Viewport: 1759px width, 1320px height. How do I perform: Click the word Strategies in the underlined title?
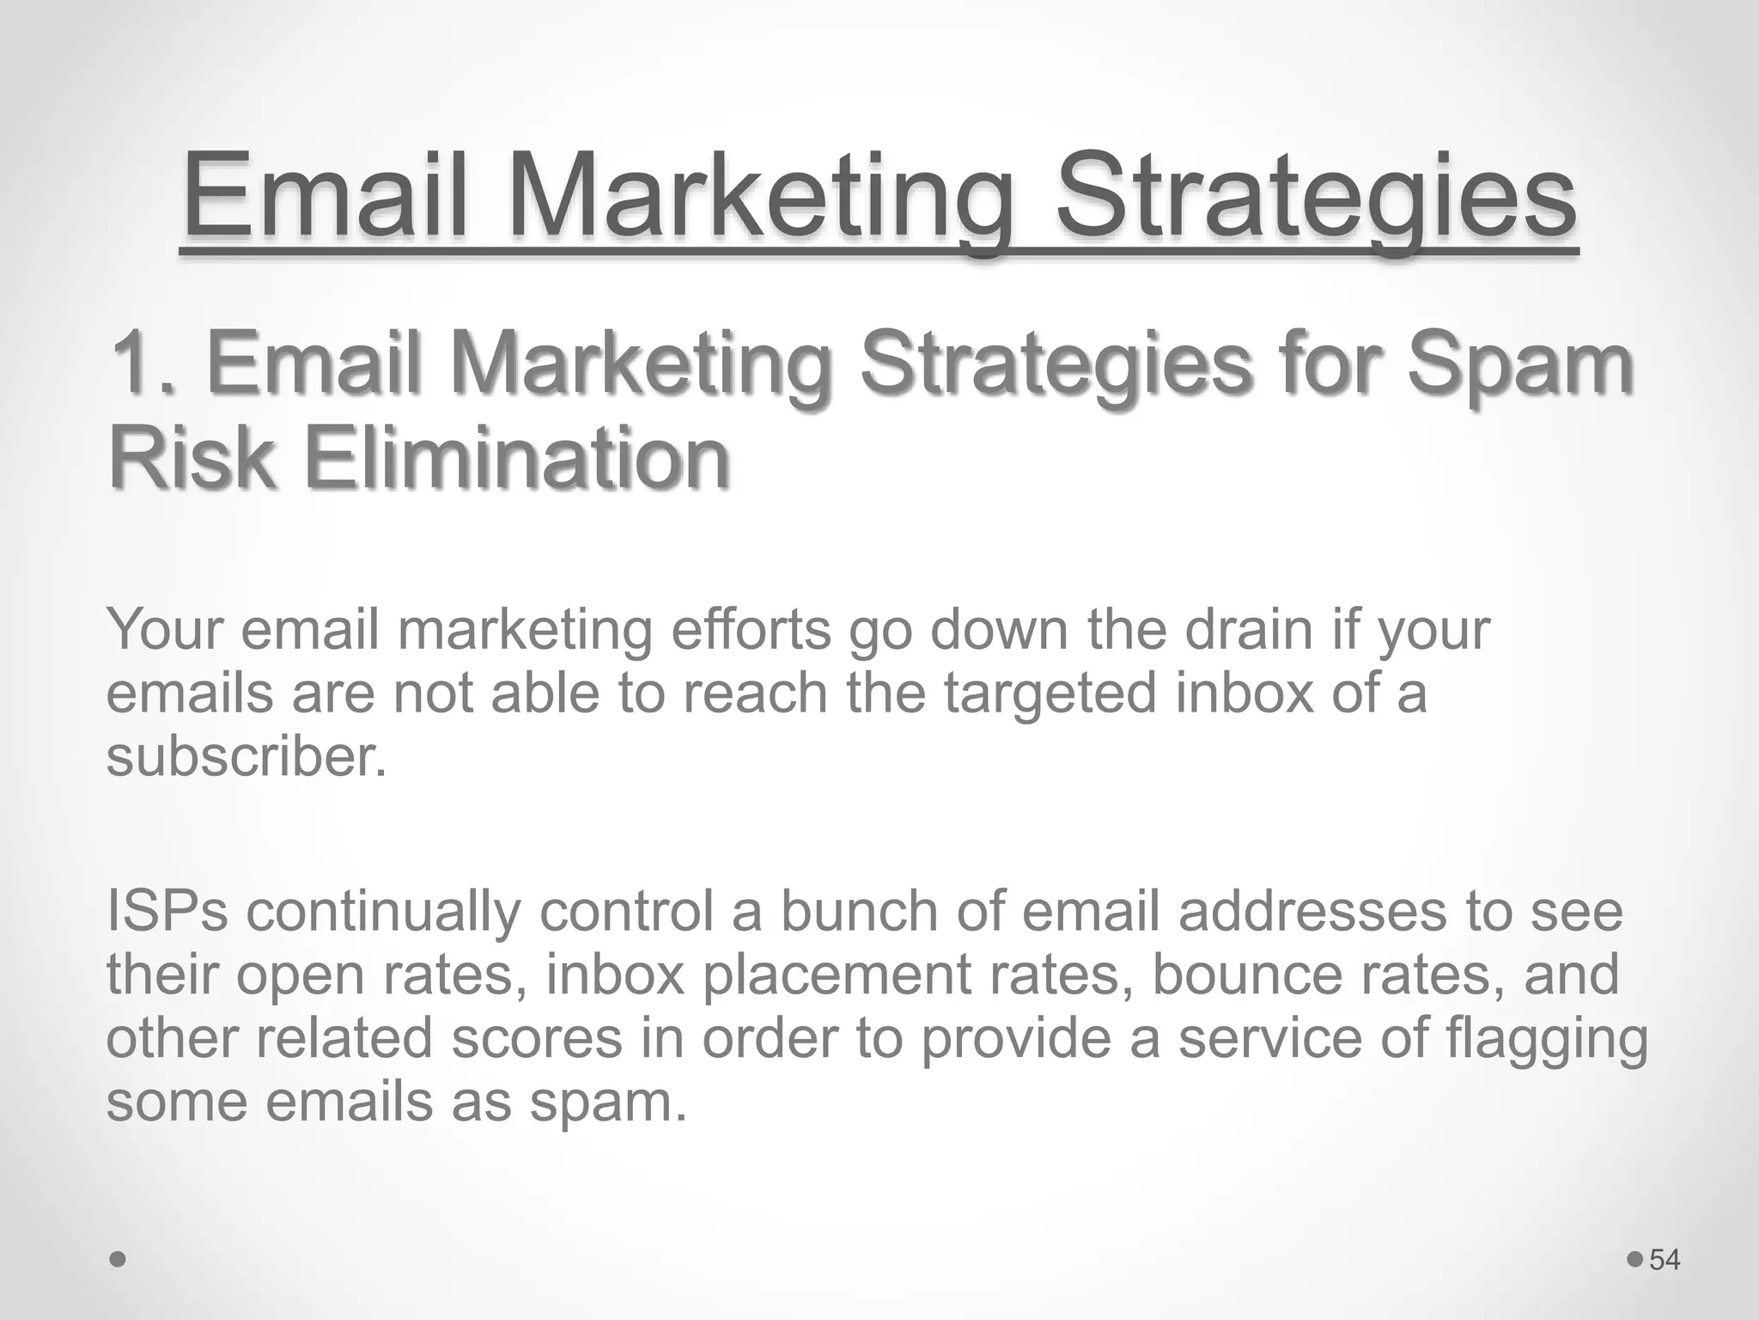(1314, 198)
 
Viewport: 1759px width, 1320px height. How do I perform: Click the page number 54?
(1665, 1260)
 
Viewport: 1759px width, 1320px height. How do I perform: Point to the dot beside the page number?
(1635, 1260)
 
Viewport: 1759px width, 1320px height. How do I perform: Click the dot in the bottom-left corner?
(119, 1260)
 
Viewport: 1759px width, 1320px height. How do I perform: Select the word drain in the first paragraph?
(1250, 630)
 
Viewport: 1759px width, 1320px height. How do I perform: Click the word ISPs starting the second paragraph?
(167, 911)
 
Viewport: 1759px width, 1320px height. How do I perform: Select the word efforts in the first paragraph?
(752, 630)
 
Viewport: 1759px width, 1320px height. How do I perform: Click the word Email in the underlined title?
(326, 198)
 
